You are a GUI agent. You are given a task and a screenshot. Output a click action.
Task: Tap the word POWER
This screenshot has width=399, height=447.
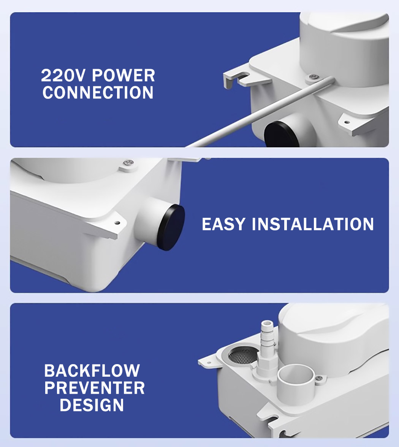click(x=123, y=76)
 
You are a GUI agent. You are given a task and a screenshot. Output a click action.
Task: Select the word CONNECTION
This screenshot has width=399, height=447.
click(x=98, y=93)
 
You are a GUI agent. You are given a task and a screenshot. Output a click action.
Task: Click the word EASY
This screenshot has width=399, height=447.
click(x=223, y=224)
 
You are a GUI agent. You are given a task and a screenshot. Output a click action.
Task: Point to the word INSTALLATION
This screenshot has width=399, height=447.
click(x=313, y=224)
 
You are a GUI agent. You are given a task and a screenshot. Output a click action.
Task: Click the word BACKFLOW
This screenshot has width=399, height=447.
click(x=92, y=371)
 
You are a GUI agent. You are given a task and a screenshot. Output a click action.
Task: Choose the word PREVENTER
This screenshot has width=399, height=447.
click(x=95, y=388)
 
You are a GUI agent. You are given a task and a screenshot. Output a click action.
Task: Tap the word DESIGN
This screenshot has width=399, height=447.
click(x=92, y=405)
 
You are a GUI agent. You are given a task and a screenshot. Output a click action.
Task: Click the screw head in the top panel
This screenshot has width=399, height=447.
click(x=314, y=76)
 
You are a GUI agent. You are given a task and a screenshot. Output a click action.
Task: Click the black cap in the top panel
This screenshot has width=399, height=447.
click(x=280, y=134)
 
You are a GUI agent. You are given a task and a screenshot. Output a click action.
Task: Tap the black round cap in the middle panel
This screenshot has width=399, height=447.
click(x=171, y=227)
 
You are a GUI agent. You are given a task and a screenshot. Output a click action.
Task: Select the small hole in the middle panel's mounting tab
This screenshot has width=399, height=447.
click(x=117, y=222)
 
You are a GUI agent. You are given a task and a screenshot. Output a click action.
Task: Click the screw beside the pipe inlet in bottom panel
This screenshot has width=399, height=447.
click(x=319, y=378)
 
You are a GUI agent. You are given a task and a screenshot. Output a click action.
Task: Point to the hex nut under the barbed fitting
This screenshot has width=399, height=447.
click(x=266, y=362)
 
